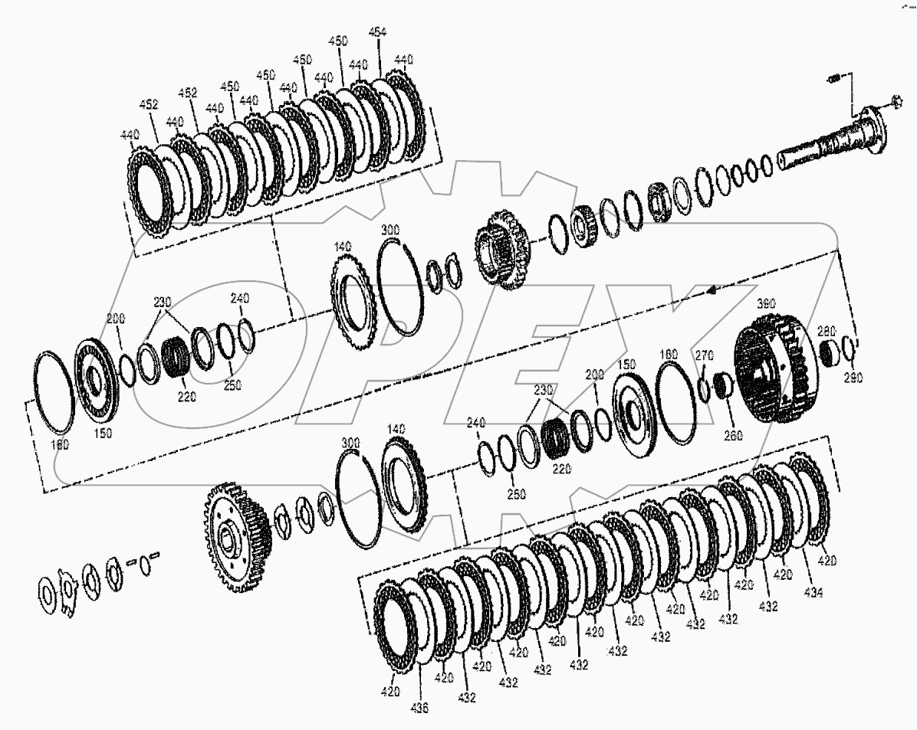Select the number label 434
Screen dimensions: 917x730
[x=813, y=593]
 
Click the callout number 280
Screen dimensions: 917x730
[x=826, y=331]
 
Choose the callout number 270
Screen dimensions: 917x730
[x=704, y=354]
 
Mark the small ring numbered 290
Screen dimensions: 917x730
[x=848, y=348]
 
